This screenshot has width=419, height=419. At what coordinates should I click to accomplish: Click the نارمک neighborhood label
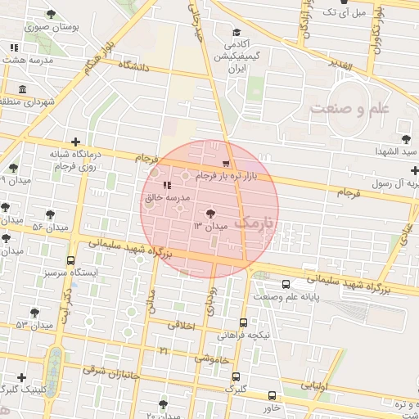tap(256, 222)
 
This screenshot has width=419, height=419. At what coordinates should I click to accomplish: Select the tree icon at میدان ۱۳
tap(209, 213)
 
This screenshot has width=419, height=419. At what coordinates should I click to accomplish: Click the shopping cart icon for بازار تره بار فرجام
tap(226, 164)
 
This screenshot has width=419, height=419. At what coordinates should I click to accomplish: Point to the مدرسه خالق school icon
tap(167, 186)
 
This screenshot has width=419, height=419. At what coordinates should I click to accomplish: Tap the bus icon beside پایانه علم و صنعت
tap(285, 285)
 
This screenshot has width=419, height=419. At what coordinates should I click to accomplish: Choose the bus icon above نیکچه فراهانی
tap(243, 323)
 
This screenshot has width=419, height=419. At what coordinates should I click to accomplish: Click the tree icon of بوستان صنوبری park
tap(52, 15)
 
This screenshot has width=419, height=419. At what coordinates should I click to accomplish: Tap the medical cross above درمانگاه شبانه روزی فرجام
tap(75, 142)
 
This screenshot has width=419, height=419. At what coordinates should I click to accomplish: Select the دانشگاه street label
tap(133, 66)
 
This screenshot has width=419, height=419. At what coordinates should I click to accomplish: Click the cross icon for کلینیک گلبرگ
tap(20, 377)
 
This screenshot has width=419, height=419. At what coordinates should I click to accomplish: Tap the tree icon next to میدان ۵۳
tap(34, 313)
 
